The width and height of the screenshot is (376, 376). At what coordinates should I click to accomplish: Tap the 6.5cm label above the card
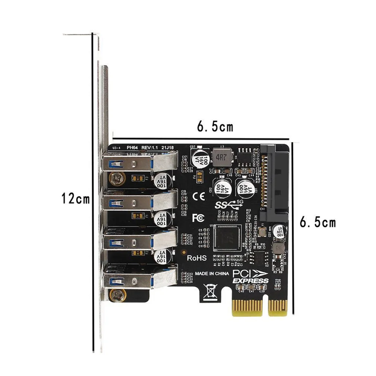[x=215, y=127]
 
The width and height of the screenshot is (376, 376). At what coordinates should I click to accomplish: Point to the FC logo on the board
[x=198, y=218]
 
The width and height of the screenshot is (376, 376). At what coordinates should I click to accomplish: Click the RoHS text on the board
[x=197, y=258]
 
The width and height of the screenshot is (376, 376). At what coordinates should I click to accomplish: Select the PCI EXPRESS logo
[x=250, y=277]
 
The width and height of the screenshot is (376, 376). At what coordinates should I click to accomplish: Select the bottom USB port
[x=139, y=279]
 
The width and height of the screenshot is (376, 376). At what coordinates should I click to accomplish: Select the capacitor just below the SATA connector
[x=278, y=231]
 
